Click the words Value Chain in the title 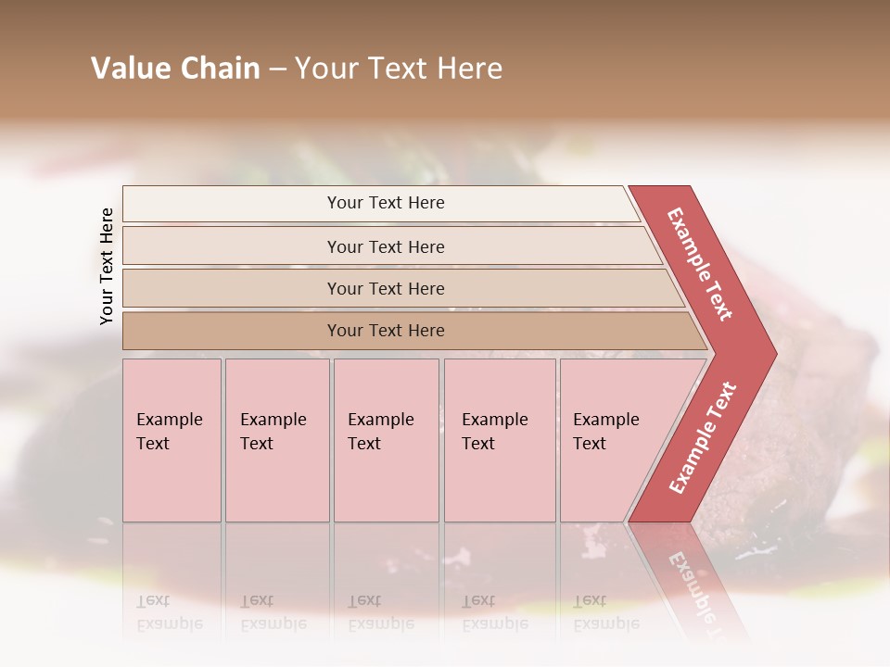175,69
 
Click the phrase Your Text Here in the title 399,69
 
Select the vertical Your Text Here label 107,266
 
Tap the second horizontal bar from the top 385,246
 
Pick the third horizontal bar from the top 385,288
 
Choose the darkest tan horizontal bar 385,331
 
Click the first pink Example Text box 172,440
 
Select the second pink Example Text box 276,440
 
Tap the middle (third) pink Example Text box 385,440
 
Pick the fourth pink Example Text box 499,440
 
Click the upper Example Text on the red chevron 700,264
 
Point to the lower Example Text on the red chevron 703,437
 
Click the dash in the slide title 276,69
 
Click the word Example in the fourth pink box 495,420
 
